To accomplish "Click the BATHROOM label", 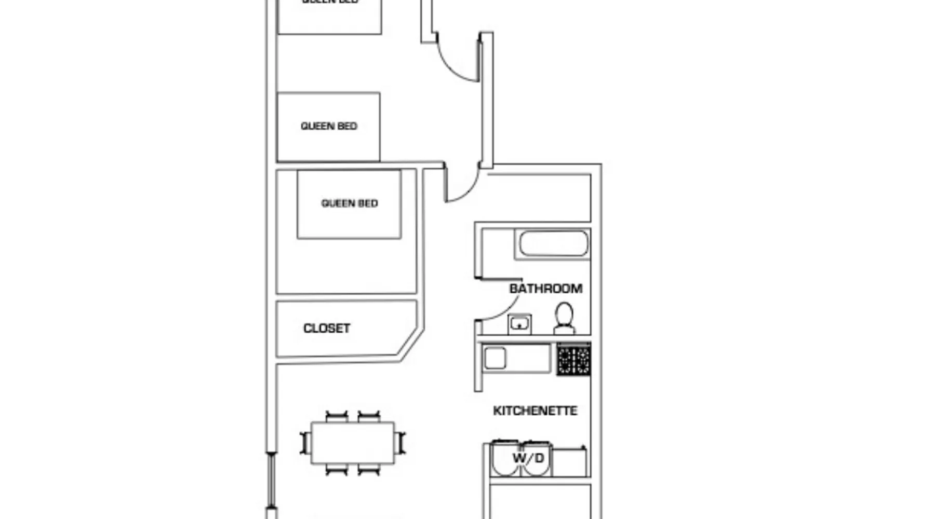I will click(545, 289).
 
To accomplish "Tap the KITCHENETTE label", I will click(535, 411).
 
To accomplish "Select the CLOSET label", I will click(327, 329).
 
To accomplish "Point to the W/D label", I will click(528, 458).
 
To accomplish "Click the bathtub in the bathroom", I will click(554, 243).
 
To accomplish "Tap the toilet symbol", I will click(564, 318).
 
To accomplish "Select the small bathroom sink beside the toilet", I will click(519, 324).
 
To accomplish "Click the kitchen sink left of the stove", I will click(495, 358).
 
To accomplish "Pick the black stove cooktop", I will click(573, 359).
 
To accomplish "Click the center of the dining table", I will click(353, 443).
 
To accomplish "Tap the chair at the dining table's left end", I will click(305, 443).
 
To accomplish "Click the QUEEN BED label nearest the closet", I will click(350, 203).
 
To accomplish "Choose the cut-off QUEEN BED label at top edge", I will click(330, 2).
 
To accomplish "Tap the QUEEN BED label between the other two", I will click(329, 126).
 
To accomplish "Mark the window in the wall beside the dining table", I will click(271, 480).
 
